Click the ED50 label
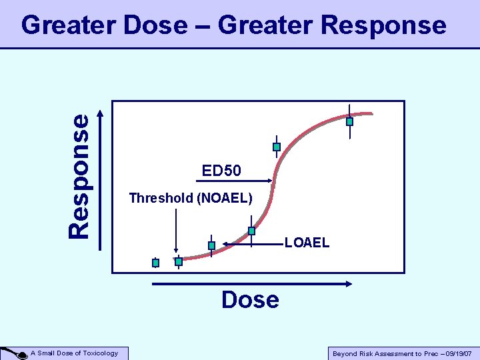pos(221,171)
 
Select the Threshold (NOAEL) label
pos(191,198)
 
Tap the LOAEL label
pos(307,243)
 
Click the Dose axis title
pos(250,300)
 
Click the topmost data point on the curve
pos(349,121)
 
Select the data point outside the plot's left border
pos(155,263)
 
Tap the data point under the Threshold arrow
pos(178,261)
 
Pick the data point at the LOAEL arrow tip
pos(211,245)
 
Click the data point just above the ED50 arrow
pos(277,147)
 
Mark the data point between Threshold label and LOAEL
pos(251,231)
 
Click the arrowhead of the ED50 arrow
pos(271,179)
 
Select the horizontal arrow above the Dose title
pos(252,284)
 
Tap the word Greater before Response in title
pos(265,25)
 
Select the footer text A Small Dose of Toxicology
pos(75,353)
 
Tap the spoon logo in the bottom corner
pos(13,353)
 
